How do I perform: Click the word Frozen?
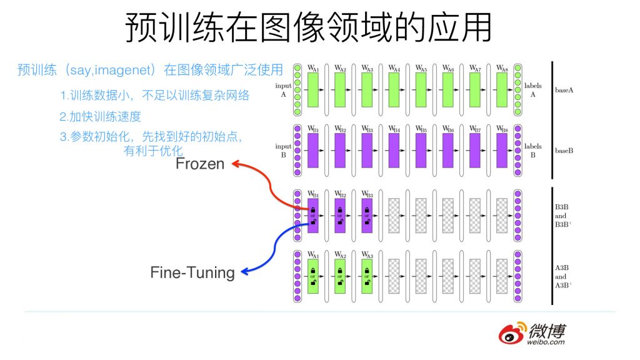200,164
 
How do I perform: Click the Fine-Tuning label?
192,272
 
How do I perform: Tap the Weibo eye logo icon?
511,333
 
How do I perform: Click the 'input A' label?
283,90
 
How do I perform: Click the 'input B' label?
283,151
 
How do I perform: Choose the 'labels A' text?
533,90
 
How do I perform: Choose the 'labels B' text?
533,151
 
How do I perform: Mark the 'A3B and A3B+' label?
561,276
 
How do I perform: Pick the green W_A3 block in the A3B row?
367,276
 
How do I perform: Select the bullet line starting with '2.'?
100,116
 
